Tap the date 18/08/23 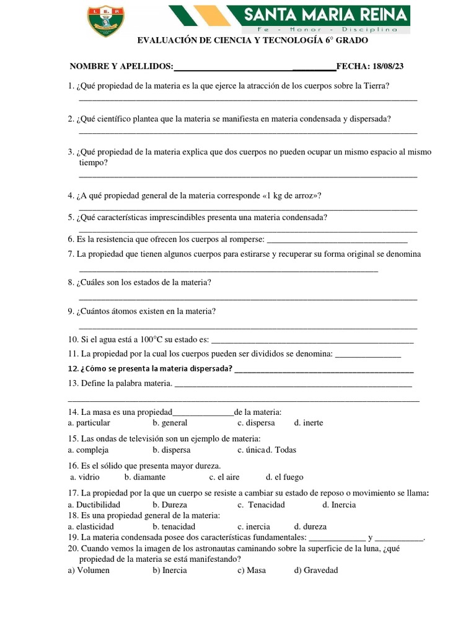387,66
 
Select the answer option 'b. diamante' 144,477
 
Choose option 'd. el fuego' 284,477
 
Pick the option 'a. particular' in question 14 89,423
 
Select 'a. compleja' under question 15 88,450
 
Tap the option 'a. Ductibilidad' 94,504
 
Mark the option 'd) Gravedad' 316,570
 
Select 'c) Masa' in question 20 251,570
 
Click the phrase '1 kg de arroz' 291,195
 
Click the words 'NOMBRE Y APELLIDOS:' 121,66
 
